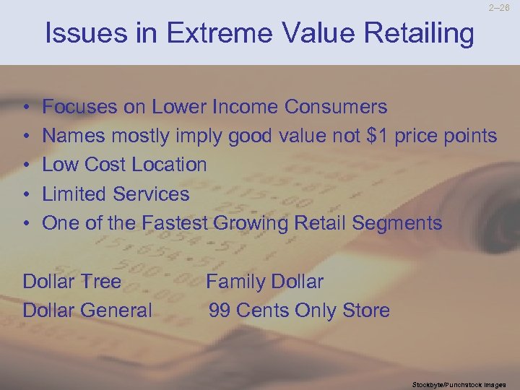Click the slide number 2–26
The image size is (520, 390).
tap(499, 9)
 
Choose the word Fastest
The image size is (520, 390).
tap(175, 222)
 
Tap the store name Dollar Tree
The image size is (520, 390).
tap(72, 281)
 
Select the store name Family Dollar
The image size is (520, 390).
tap(264, 281)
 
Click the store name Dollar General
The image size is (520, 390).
tap(87, 311)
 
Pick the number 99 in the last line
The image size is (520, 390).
tap(220, 311)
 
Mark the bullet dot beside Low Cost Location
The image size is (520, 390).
tap(26, 165)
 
